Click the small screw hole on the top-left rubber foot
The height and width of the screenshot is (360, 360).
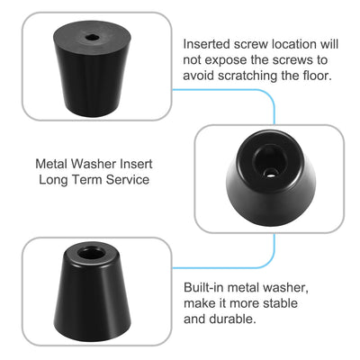point(90,38)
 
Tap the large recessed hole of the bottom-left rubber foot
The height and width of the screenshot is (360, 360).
point(91,253)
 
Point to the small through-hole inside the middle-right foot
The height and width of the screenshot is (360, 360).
point(270,173)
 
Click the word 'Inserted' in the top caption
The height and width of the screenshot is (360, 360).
point(206,44)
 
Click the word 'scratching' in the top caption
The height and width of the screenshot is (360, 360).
point(247,76)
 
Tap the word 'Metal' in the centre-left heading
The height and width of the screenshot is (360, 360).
point(51,164)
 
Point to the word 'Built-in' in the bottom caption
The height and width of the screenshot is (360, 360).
point(203,287)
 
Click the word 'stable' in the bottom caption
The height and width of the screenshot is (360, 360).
point(280,303)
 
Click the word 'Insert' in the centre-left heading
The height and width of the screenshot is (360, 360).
point(136,164)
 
